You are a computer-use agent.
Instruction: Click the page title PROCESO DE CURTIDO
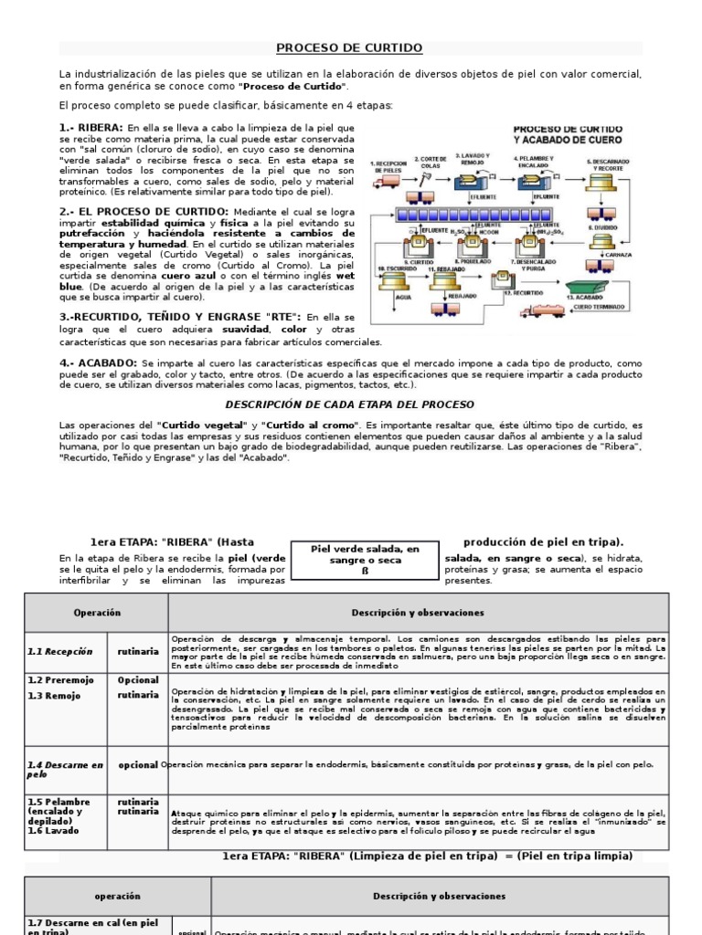point(350,47)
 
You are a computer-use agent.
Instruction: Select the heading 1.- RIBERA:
point(91,126)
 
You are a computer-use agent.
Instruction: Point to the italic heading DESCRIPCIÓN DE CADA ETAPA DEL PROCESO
point(350,404)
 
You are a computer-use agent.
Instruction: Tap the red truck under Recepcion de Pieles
point(387,182)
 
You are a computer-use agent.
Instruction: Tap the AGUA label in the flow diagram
point(396,297)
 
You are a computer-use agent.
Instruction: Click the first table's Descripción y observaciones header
point(418,613)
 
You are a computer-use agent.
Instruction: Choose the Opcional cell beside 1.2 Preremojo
point(138,680)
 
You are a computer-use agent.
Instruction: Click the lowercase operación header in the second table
point(117,897)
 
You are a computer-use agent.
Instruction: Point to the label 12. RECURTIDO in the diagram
point(523,295)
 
